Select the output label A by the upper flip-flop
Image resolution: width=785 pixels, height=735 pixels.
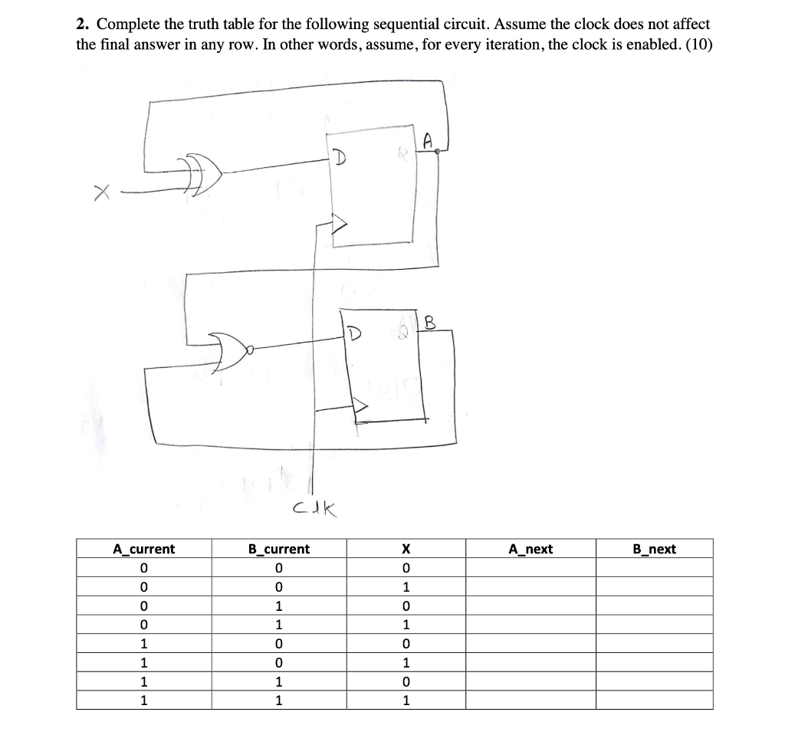click(428, 140)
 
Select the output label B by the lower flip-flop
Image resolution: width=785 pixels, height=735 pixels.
click(429, 323)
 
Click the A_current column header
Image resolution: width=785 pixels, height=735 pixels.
click(143, 549)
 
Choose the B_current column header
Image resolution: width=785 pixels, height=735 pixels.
click(279, 549)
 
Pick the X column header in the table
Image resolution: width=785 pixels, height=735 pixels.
click(406, 549)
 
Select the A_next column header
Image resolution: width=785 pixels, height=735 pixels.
click(530, 549)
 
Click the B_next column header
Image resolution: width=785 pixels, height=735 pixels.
click(654, 549)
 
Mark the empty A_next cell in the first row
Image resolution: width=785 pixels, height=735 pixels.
click(530, 568)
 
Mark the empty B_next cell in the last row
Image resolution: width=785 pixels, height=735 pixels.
click(654, 700)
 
